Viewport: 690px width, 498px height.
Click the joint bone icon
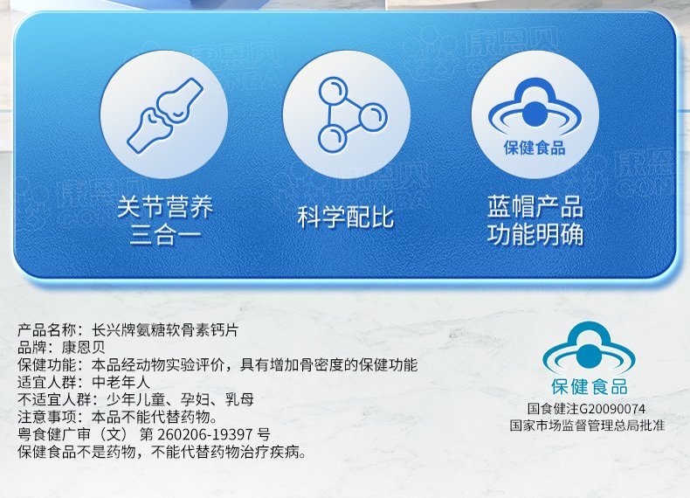pos(165,116)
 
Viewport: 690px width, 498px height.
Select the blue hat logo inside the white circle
pos(535,107)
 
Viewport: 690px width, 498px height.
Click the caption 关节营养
pos(165,207)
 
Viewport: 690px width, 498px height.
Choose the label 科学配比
pos(346,217)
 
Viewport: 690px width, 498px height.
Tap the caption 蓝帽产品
pos(535,207)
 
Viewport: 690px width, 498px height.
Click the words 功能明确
pos(535,234)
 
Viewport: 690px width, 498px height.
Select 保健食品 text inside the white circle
pos(535,148)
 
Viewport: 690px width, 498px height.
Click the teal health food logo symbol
pos(589,349)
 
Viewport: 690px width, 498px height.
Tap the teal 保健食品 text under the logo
pos(590,387)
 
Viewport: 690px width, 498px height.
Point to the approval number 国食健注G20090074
pos(587,409)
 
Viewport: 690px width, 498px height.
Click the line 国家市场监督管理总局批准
pos(587,425)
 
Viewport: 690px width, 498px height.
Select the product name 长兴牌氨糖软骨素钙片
pos(165,329)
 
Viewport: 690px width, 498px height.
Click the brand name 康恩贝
pos(84,348)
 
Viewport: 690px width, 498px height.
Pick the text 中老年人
pos(121,382)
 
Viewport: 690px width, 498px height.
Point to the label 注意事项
pos(46,417)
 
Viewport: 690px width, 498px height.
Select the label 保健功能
pos(46,365)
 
